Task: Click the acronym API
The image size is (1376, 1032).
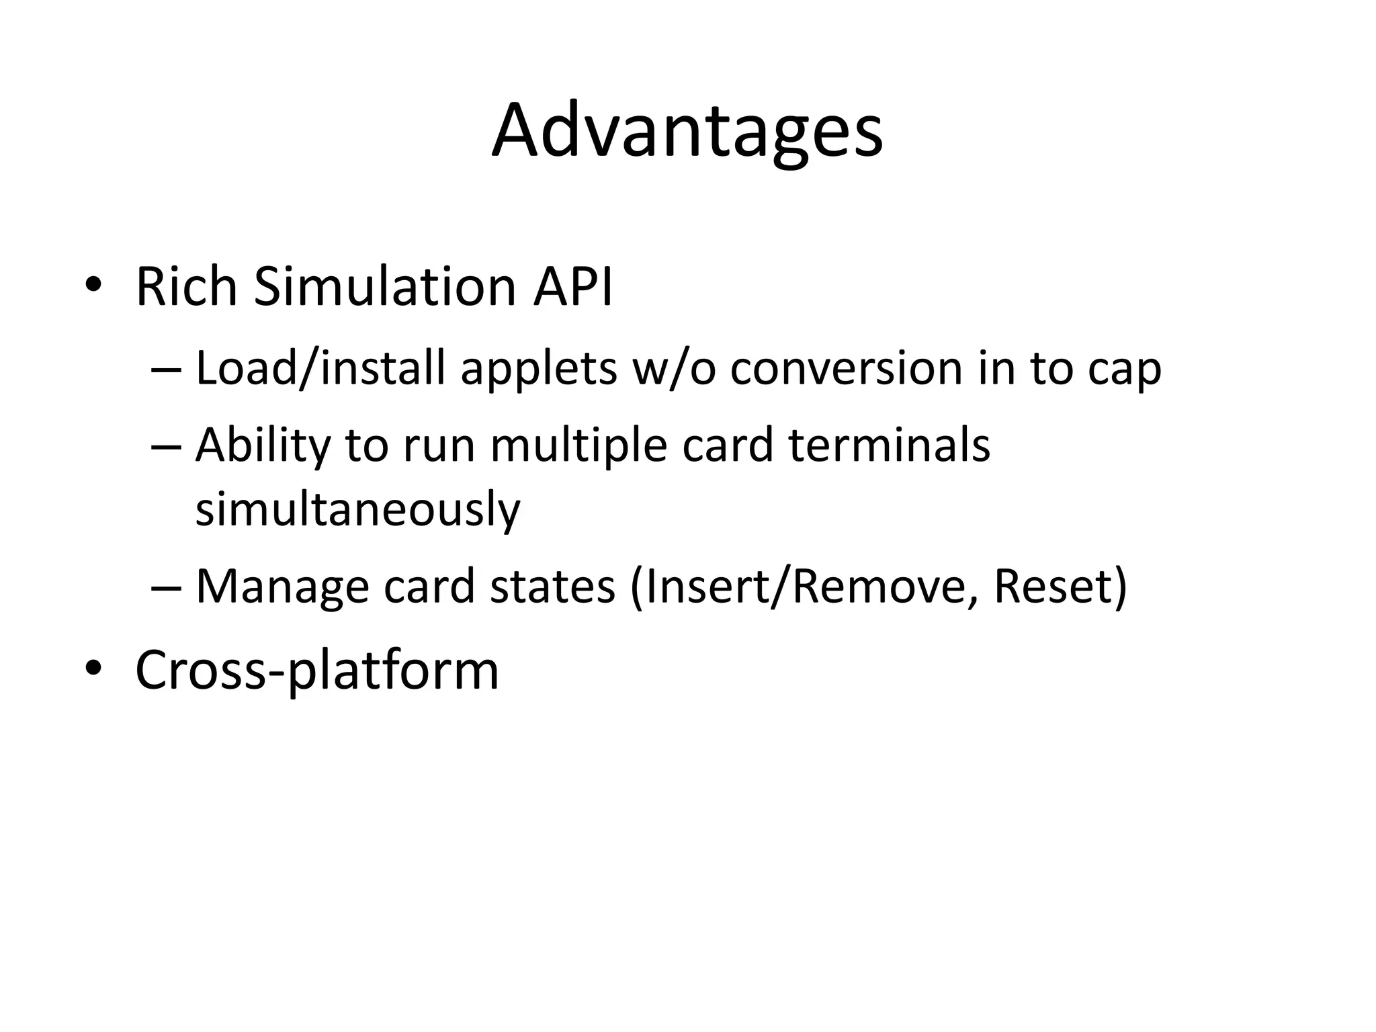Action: [572, 287]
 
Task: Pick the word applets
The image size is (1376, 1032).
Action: [538, 370]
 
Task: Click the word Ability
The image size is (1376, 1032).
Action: [263, 445]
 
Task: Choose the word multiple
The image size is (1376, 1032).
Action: [578, 447]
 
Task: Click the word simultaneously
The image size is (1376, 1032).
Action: [357, 509]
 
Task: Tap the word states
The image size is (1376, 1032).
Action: [552, 587]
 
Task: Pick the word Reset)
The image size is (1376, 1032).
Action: [1060, 587]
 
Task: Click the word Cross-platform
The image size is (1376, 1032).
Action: [317, 670]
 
